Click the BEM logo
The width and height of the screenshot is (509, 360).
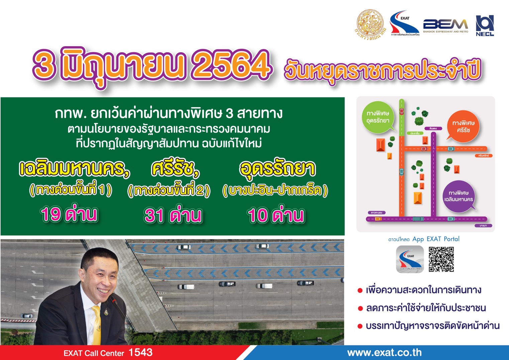(445, 25)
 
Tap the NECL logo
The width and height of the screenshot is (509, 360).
(485, 25)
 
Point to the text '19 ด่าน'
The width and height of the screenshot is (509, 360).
(69, 214)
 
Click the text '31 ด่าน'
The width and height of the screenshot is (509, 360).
(173, 215)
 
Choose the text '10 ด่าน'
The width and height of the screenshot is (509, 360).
(276, 215)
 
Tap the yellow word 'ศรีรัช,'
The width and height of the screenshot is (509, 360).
(175, 168)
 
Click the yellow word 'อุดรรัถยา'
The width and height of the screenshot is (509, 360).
(277, 168)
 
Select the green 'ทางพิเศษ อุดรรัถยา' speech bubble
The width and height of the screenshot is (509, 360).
(378, 117)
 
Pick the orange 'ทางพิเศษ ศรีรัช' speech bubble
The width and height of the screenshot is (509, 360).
(463, 126)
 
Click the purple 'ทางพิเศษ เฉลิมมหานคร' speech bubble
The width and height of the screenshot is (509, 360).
(459, 196)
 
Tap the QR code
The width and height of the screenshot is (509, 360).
(441, 259)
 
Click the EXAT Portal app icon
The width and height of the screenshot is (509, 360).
(410, 259)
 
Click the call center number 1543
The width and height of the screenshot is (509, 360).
(140, 352)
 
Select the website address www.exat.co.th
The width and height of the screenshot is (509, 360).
(384, 352)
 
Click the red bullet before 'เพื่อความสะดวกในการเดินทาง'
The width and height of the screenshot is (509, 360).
(360, 290)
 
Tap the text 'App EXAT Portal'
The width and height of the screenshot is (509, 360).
(436, 239)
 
